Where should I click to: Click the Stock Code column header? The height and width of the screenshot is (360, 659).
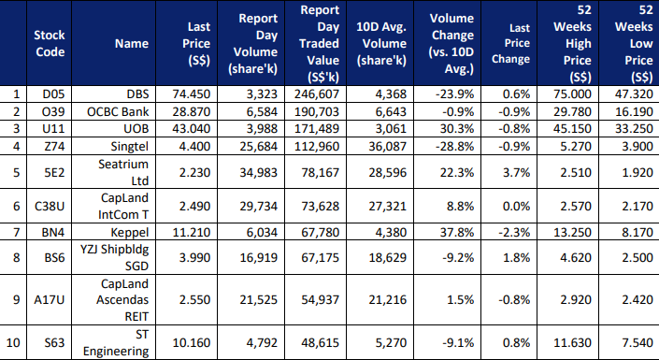click(x=50, y=43)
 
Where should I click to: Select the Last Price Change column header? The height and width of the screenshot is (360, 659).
click(x=510, y=43)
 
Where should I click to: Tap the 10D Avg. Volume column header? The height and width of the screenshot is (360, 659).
click(x=381, y=43)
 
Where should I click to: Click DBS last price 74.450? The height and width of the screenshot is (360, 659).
click(x=192, y=94)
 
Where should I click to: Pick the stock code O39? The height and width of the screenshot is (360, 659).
click(x=53, y=112)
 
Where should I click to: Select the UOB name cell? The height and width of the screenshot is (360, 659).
click(x=136, y=129)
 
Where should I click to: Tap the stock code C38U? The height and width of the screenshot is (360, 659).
click(x=50, y=207)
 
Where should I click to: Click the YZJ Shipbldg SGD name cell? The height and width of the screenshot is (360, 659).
click(x=115, y=257)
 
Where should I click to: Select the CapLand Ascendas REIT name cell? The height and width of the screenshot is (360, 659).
click(x=122, y=300)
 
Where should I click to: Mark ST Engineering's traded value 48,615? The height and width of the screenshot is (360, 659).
click(x=320, y=343)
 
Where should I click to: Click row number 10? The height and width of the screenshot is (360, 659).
click(x=13, y=343)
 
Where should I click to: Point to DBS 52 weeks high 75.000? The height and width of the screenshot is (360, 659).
click(x=572, y=94)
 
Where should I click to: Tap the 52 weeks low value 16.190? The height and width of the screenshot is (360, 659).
click(x=634, y=112)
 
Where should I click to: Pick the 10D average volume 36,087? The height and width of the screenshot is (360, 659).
click(x=387, y=147)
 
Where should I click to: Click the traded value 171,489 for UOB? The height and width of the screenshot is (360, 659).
click(x=317, y=129)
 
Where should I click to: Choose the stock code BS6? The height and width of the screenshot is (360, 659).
click(x=54, y=257)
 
